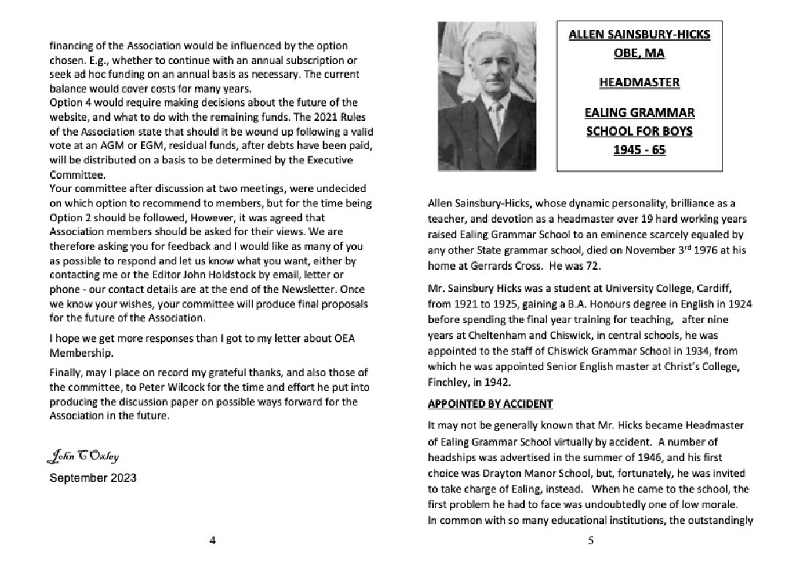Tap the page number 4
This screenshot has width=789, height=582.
coord(213,540)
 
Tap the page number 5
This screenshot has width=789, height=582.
coord(590,540)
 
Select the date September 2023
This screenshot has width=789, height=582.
coord(93,478)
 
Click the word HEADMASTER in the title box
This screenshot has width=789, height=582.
coord(639,82)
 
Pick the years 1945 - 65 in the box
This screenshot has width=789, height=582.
coord(639,150)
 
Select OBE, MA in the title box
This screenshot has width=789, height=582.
coord(639,54)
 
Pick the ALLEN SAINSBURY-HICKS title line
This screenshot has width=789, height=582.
coord(639,35)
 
